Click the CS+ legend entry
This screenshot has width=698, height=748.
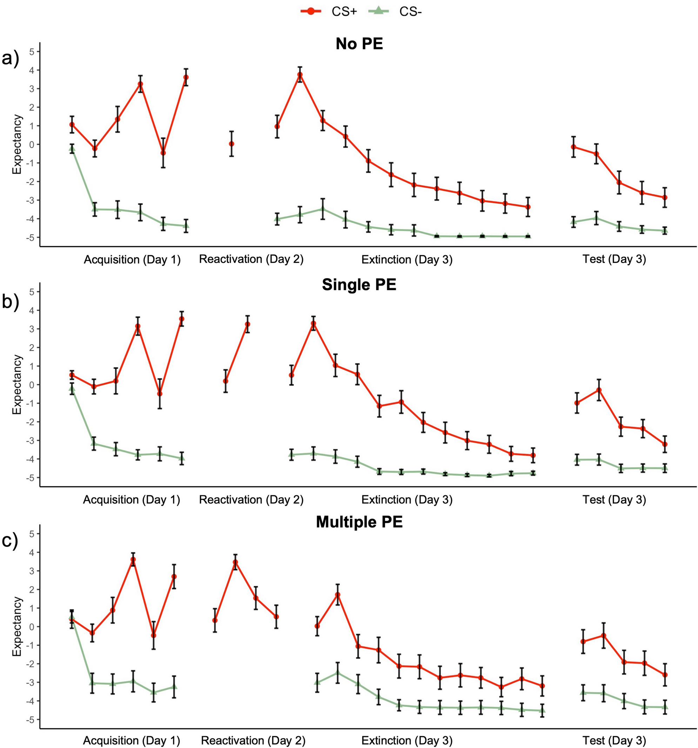tap(328, 12)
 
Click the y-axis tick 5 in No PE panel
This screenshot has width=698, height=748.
tap(31, 52)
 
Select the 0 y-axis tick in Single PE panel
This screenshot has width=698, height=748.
tap(31, 385)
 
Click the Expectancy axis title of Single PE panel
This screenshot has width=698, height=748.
tap(17, 385)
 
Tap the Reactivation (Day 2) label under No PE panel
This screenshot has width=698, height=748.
tap(251, 259)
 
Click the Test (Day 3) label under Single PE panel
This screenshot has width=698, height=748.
tap(614, 500)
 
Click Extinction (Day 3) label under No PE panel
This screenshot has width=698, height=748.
tap(407, 259)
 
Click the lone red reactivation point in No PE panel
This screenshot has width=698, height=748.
tap(232, 144)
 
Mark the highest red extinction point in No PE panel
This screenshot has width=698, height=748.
tap(300, 75)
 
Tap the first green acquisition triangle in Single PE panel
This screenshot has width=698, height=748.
tap(72, 389)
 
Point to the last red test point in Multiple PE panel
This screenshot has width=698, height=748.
tap(665, 675)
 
